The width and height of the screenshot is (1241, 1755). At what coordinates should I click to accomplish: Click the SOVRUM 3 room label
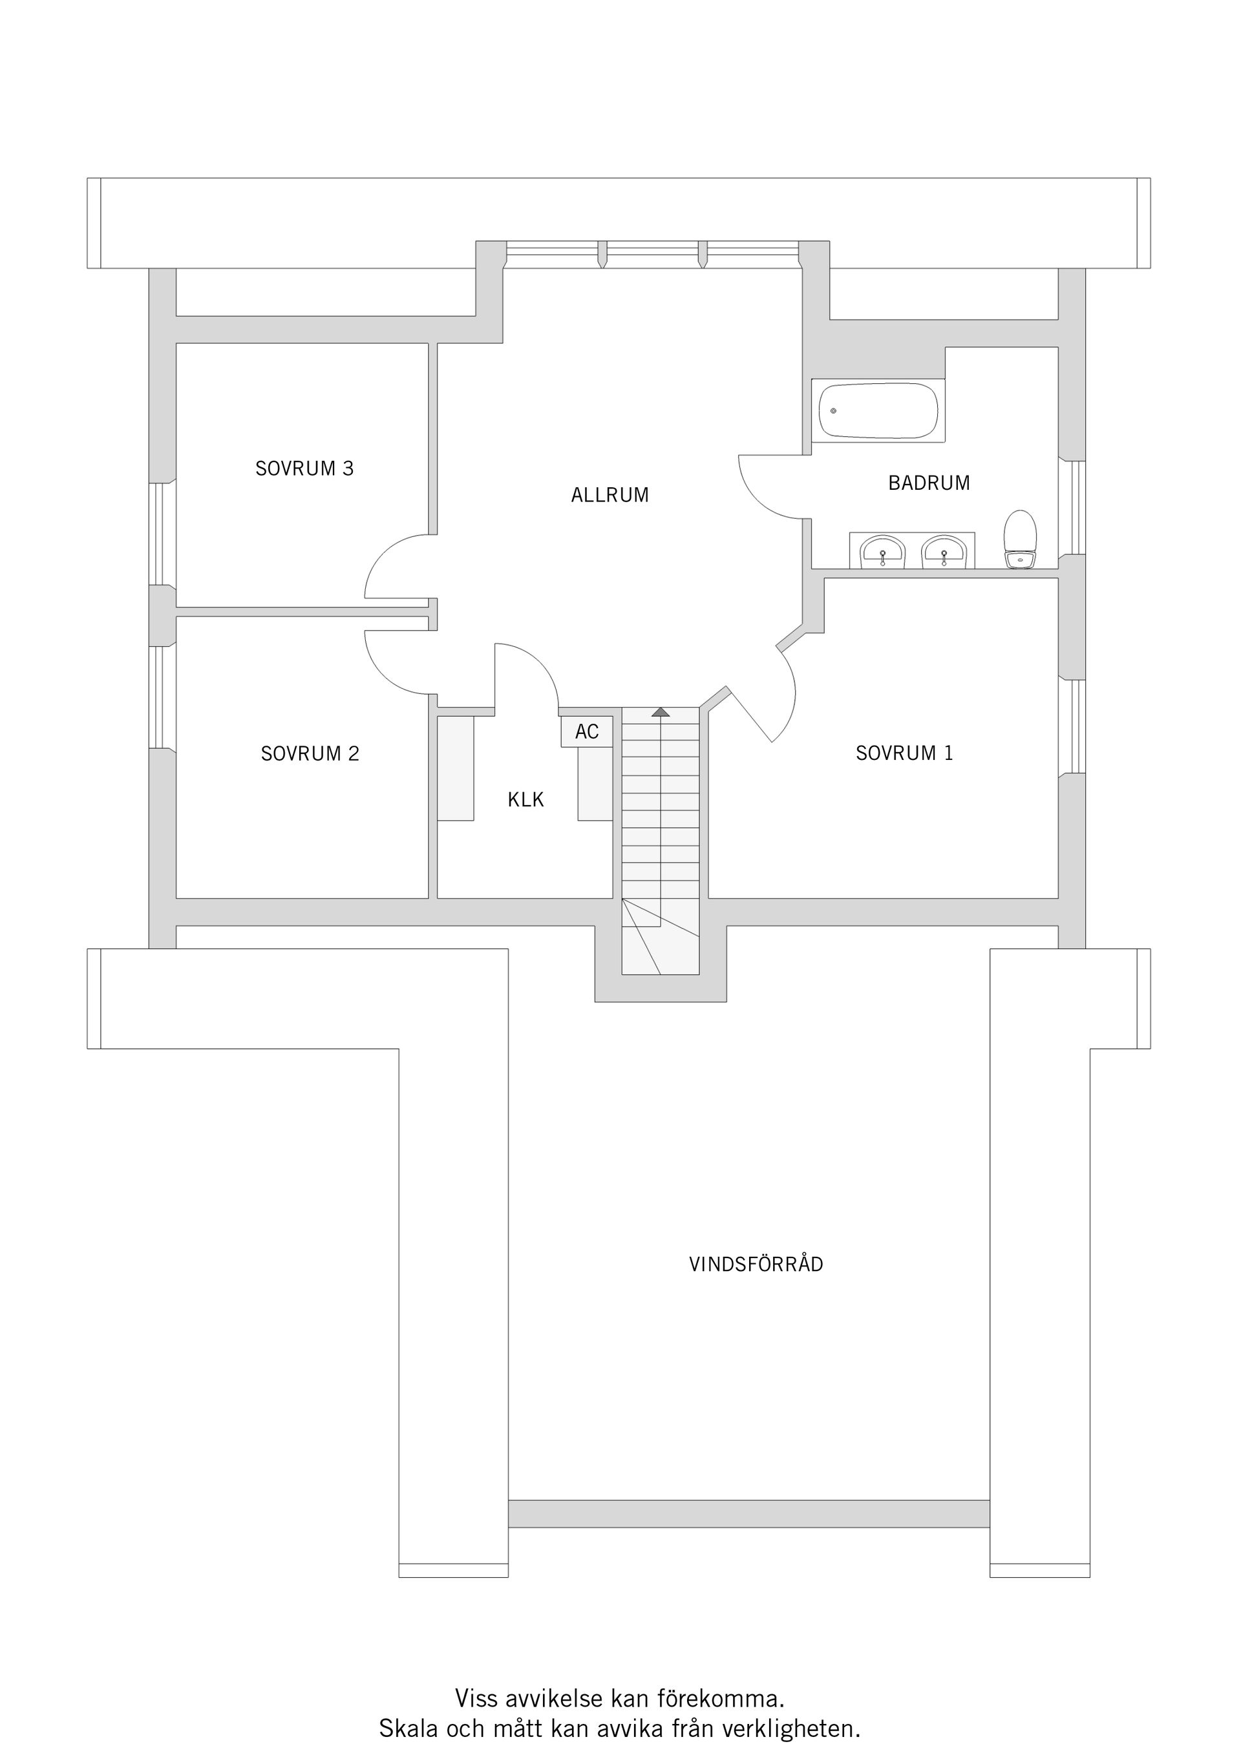point(304,468)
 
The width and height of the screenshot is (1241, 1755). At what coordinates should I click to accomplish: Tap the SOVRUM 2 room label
point(310,753)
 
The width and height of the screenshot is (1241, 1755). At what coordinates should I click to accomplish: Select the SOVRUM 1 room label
point(904,753)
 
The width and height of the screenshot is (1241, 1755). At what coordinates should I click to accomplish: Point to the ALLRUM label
point(610,496)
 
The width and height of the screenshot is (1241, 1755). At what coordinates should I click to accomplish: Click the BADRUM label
point(929,483)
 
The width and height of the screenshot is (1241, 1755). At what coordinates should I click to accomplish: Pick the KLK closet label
point(525,799)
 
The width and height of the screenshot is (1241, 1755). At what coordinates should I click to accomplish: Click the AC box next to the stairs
point(586,731)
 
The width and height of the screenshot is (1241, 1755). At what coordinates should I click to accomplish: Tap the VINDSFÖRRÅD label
point(756,1265)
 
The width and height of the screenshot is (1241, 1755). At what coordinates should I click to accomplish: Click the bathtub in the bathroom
point(878,410)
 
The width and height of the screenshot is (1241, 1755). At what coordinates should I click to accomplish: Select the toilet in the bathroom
point(1019,540)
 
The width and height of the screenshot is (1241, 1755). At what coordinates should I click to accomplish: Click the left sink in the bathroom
point(882,551)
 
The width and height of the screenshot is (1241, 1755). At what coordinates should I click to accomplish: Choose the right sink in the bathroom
point(944,551)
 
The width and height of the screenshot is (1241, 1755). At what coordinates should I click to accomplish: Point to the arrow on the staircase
point(660,711)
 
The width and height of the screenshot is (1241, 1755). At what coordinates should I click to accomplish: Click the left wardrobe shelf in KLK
point(456,768)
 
